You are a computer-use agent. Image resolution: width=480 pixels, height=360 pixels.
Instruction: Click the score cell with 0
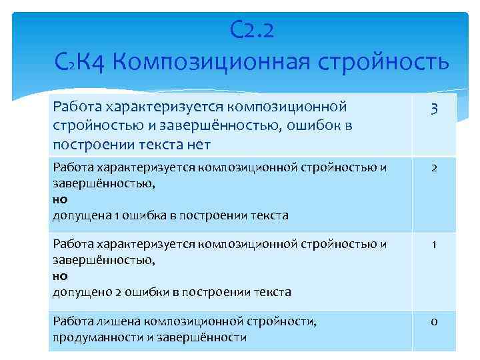coord(433,322)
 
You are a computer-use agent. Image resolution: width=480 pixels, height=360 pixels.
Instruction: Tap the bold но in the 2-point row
coord(60,199)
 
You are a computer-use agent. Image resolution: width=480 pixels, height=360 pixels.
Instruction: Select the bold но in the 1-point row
coord(60,275)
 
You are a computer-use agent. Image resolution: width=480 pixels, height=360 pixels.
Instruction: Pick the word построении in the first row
coord(87,143)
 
